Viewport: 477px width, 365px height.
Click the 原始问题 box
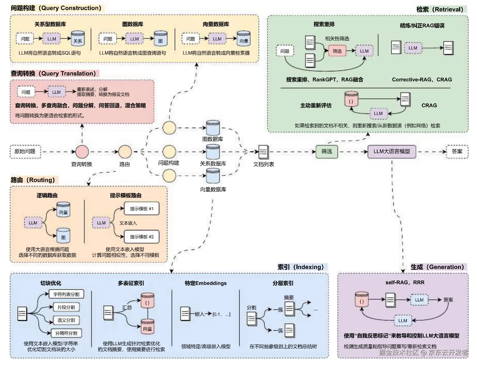click(x=25, y=152)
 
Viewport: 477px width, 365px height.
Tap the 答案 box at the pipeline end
click(x=457, y=152)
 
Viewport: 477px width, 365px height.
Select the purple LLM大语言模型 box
click(x=391, y=152)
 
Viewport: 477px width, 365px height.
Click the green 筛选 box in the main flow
click(x=327, y=152)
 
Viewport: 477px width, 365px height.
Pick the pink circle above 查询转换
click(x=82, y=152)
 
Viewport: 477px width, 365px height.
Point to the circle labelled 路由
click(x=125, y=152)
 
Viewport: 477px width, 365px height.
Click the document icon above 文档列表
click(x=263, y=152)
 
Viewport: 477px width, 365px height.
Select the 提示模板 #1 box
click(x=142, y=209)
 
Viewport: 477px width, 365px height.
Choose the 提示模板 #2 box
click(x=142, y=237)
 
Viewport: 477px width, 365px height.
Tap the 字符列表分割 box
click(x=66, y=294)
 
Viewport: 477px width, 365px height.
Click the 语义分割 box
click(x=66, y=320)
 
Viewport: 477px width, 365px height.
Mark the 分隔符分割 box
click(x=66, y=333)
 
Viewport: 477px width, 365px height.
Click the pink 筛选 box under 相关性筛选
click(x=337, y=51)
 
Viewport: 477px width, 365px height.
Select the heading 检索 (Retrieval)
click(x=440, y=10)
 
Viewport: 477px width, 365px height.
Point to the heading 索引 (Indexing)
click(x=300, y=267)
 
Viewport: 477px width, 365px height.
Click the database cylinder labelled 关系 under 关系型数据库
click(x=78, y=39)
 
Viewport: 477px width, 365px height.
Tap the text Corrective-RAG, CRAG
click(x=422, y=80)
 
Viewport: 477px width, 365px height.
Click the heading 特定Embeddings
click(x=206, y=283)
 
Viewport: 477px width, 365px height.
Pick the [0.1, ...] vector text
click(x=221, y=314)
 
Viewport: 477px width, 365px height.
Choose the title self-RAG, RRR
click(x=405, y=283)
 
